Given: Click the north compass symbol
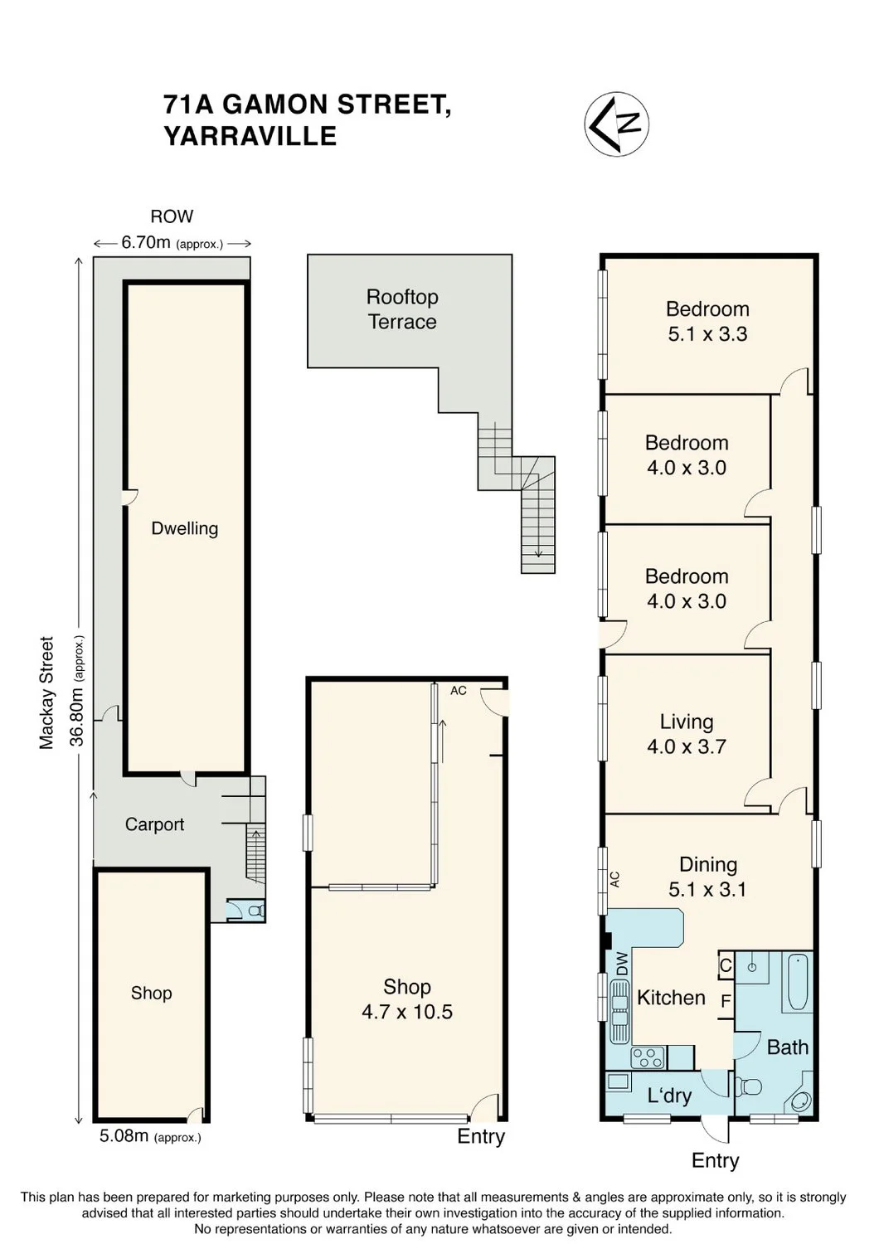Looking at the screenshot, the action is [616, 124].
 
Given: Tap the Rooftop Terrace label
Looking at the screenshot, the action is [402, 309].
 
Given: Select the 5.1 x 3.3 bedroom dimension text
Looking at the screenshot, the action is [707, 334].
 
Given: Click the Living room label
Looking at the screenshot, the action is [687, 722].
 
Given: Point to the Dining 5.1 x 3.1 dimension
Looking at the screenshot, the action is [707, 889].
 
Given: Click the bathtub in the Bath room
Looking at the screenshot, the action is [798, 982].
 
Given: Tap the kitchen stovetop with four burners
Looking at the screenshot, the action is [648, 1057].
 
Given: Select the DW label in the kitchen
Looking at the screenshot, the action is [621, 964].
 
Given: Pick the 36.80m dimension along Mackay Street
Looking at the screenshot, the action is [77, 690].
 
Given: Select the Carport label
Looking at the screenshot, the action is [154, 824].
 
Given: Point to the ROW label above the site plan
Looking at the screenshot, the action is [172, 216].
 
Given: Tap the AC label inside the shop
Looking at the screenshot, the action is [458, 690].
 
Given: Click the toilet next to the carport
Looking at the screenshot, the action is [255, 911].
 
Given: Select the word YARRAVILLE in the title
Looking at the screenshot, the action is [250, 136].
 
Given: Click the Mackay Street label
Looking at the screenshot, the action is [46, 692].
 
